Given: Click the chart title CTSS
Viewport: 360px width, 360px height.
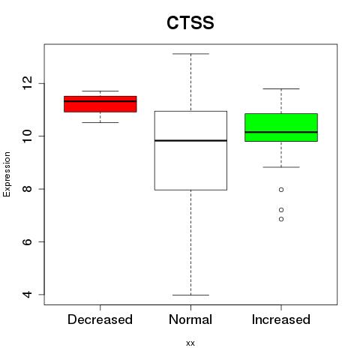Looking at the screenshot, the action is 190,22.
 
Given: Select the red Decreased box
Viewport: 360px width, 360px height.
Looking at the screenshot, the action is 100,104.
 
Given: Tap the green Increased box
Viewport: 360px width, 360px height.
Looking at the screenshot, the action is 281,127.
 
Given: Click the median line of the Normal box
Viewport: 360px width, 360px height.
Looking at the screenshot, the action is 190,140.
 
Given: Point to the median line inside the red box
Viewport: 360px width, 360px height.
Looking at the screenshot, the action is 100,101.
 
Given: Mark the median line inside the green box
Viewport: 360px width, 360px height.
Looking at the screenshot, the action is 281,132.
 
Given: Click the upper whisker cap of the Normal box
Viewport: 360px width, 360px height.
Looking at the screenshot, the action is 190,54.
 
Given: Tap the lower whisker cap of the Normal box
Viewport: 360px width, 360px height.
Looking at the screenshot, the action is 190,295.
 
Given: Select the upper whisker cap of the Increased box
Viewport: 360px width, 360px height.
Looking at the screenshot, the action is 281,88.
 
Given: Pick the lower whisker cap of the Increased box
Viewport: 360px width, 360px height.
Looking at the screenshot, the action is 281,167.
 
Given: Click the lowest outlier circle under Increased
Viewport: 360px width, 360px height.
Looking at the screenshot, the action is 281,219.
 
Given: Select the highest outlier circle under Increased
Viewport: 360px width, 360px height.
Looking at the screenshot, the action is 281,190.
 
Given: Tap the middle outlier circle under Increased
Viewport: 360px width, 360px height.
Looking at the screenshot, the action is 281,210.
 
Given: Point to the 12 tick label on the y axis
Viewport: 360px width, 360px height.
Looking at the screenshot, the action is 28,83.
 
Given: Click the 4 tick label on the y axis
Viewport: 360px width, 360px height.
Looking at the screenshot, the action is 28,295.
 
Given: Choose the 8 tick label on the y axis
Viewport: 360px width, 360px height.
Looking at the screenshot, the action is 28,189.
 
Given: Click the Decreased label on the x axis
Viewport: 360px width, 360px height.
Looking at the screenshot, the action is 100,319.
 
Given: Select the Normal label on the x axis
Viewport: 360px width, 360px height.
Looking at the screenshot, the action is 190,319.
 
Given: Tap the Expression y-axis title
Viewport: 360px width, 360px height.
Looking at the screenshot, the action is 7,174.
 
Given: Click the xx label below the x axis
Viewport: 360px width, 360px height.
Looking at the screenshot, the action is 190,343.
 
